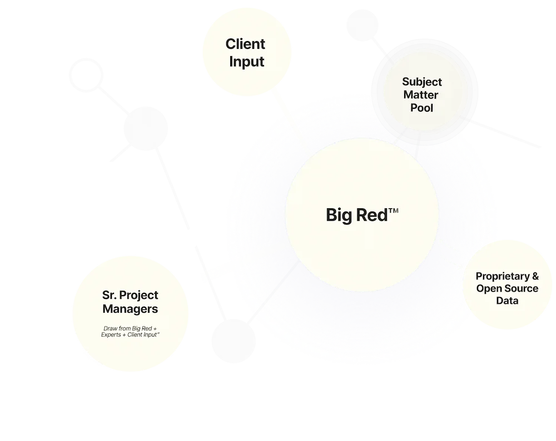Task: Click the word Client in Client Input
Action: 245,44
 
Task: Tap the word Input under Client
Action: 245,61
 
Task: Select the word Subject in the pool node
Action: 422,82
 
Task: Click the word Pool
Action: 422,107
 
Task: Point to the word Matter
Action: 422,94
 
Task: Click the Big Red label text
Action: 356,216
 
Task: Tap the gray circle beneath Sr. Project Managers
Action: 233,341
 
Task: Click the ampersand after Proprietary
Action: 535,277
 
